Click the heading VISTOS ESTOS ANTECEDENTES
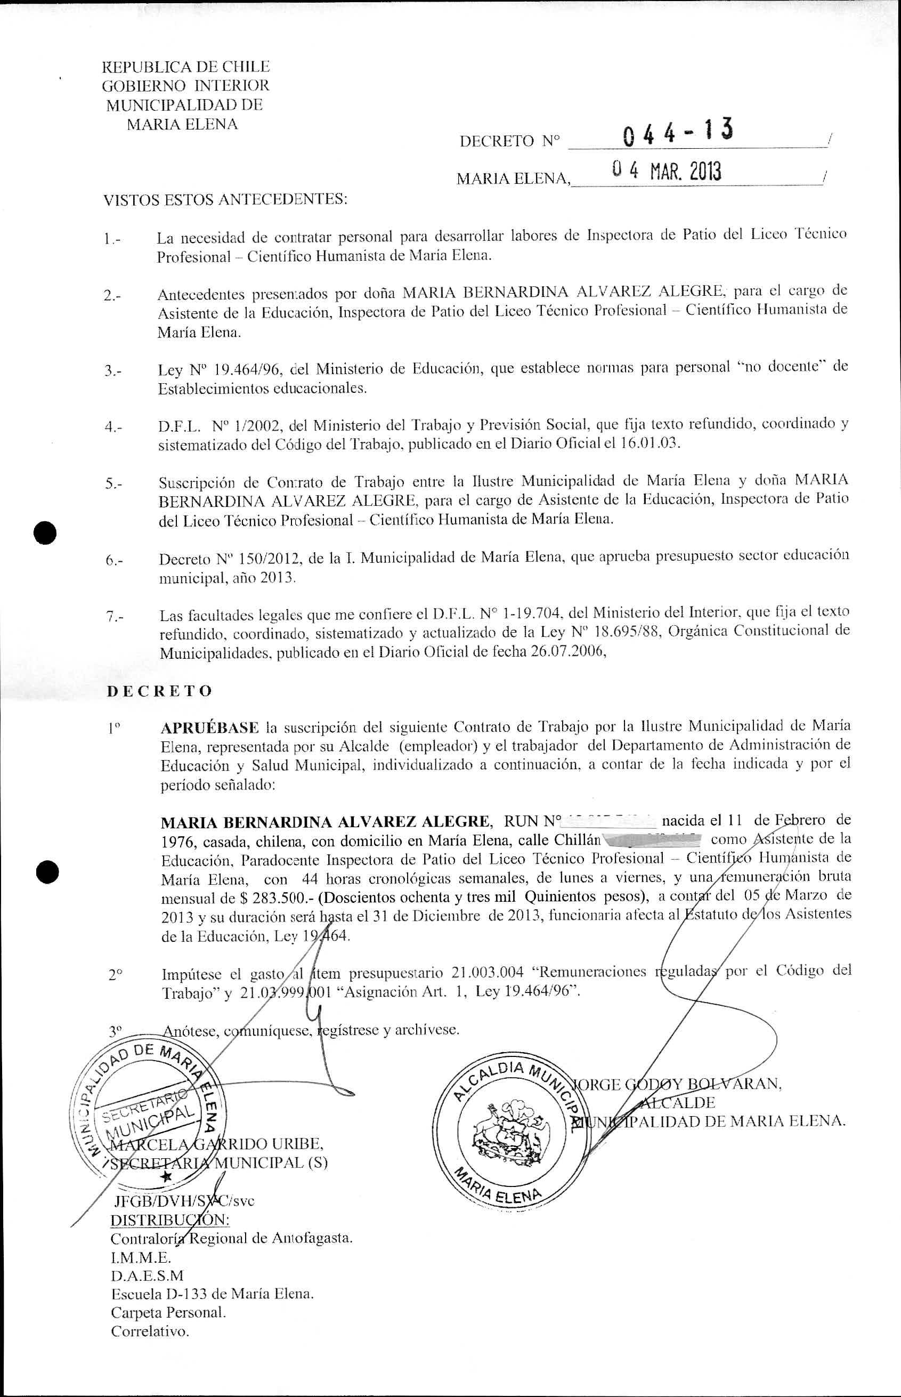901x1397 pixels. point(225,201)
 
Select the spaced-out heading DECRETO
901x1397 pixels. point(159,691)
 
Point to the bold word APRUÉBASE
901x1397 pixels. point(209,728)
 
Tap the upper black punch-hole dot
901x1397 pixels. point(46,532)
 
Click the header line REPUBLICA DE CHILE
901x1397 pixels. point(185,67)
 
